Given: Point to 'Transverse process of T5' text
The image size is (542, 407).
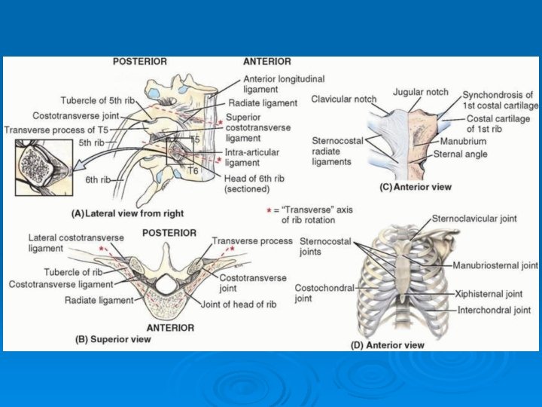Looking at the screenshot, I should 57,130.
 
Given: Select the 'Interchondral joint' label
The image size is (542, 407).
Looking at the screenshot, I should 494,310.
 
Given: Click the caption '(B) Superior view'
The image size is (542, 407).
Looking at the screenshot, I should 113,339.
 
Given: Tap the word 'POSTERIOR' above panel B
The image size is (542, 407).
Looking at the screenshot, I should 169,233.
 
